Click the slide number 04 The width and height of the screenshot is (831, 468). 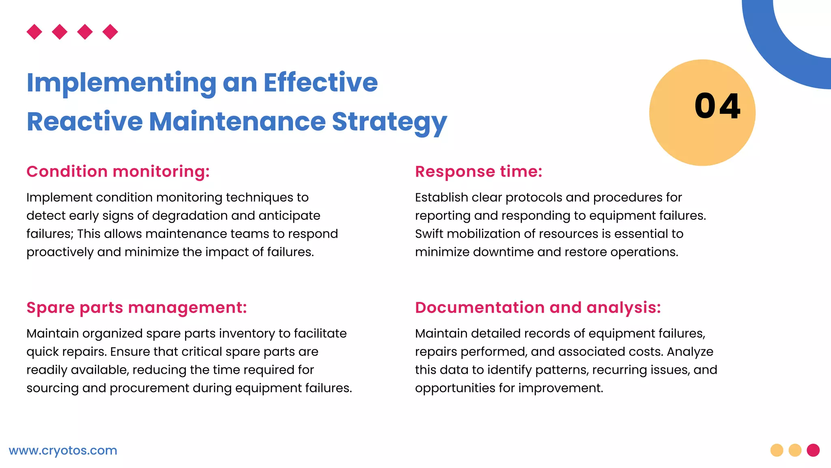pos(717,106)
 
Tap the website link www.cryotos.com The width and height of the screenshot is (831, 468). pos(63,451)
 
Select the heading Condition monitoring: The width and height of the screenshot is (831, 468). pos(118,171)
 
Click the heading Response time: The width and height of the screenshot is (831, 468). pos(478,171)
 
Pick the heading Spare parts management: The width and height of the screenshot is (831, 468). pos(137,308)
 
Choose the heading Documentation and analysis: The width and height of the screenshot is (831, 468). pos(538,308)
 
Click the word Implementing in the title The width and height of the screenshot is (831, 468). pos(121,83)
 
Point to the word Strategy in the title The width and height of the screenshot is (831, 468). pos(389,122)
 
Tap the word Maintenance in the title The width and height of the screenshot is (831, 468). pos(237,121)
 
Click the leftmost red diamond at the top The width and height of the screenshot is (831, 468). pos(34,32)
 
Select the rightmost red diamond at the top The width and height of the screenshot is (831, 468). pos(110,32)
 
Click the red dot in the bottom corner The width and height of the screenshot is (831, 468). pos(813,450)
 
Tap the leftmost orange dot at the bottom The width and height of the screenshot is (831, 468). pos(777,450)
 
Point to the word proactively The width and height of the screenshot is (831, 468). pos(60,252)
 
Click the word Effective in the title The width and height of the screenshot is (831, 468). pos(321,83)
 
